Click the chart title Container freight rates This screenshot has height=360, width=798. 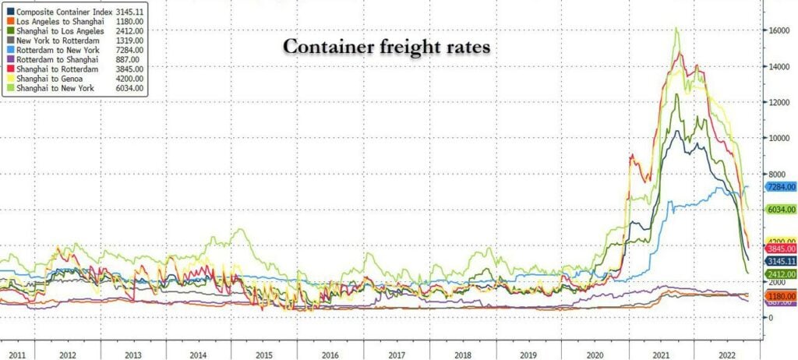coord(386,48)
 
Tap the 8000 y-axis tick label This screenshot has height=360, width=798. coord(778,174)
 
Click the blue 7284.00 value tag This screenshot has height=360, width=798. coord(779,187)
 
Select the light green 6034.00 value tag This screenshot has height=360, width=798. coord(779,210)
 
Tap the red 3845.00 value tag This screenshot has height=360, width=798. coord(779,248)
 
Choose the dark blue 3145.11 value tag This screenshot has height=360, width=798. coord(779,261)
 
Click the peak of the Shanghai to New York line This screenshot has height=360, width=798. coord(676,29)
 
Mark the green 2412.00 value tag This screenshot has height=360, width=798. coord(779,274)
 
